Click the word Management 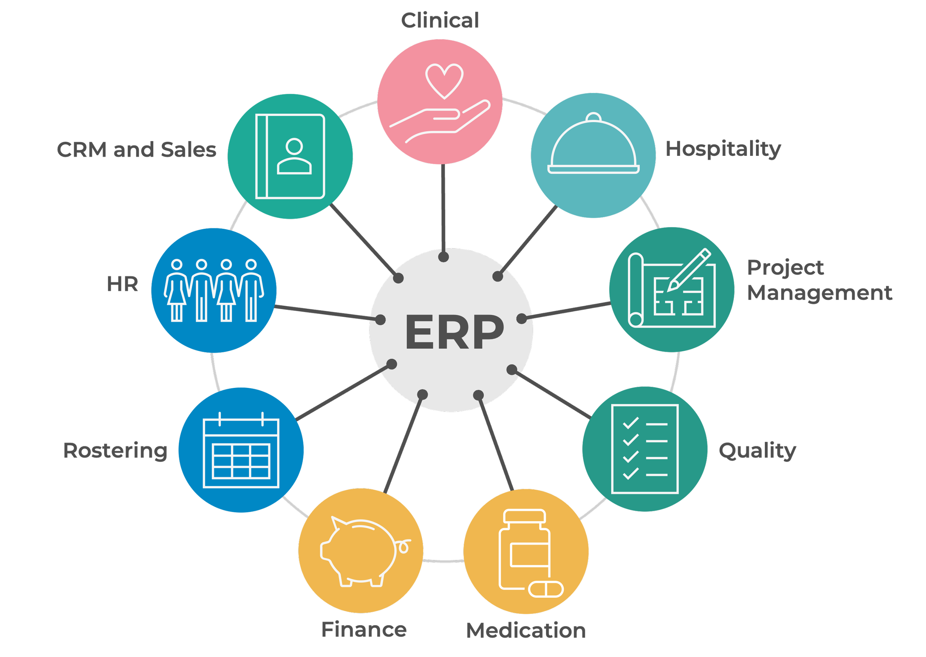(x=819, y=293)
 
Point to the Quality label (x=757, y=451)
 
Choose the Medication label (x=526, y=631)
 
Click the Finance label (x=364, y=630)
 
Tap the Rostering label (x=115, y=451)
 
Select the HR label (x=122, y=284)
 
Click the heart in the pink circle (x=444, y=80)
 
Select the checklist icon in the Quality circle (x=645, y=449)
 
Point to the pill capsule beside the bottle (x=546, y=589)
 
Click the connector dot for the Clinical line (x=444, y=257)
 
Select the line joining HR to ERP (x=324, y=313)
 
